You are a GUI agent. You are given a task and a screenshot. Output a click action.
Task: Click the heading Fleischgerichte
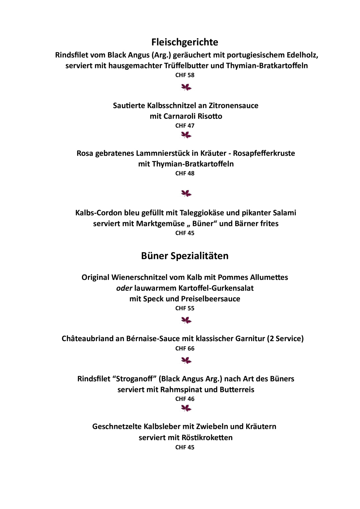tap(185, 42)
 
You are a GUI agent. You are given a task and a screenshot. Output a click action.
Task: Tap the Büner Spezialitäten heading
tap(185, 256)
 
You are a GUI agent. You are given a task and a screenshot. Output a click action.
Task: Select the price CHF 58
tap(185, 75)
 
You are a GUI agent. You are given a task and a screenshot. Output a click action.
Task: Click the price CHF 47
tap(185, 126)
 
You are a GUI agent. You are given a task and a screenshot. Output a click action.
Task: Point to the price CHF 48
tap(185, 173)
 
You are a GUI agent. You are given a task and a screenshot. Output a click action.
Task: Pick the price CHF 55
tap(185, 309)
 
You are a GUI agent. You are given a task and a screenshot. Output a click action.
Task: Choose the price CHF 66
tap(185, 349)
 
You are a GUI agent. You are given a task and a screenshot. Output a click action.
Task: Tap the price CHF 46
tap(185, 399)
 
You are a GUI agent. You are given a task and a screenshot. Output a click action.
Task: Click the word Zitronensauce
tap(234, 106)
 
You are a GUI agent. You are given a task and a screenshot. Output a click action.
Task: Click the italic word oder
tap(124, 288)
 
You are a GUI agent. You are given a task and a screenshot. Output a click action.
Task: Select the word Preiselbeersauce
tap(211, 299)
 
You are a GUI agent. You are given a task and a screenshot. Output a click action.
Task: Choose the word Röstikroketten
tap(207, 437)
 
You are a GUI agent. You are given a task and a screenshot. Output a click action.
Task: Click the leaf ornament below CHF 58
tap(186, 87)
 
